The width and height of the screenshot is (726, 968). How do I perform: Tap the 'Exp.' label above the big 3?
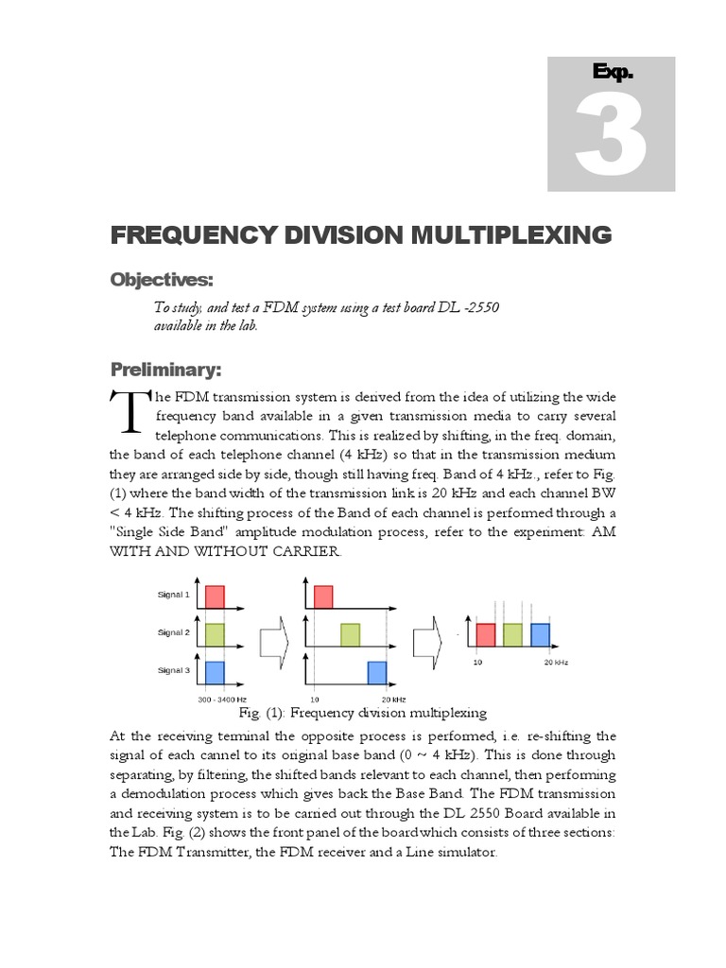[612, 72]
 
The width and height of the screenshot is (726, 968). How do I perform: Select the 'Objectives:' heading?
[162, 280]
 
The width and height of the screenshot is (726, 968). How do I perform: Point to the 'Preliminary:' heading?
[167, 369]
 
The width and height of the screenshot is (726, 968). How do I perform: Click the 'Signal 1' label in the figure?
[173, 595]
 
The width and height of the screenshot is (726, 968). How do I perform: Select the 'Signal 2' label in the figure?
[173, 631]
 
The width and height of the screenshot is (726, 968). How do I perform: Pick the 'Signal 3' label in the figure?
[173, 669]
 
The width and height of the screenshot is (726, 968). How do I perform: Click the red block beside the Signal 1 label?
[215, 596]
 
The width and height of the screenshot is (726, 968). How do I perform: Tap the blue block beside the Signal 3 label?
[215, 672]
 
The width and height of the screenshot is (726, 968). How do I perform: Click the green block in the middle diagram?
[351, 634]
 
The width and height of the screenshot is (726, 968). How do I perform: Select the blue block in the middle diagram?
[377, 672]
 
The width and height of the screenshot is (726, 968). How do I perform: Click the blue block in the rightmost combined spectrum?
[540, 634]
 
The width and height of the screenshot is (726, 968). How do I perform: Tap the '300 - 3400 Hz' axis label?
[222, 700]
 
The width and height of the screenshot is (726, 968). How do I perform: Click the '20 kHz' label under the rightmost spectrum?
[554, 663]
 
